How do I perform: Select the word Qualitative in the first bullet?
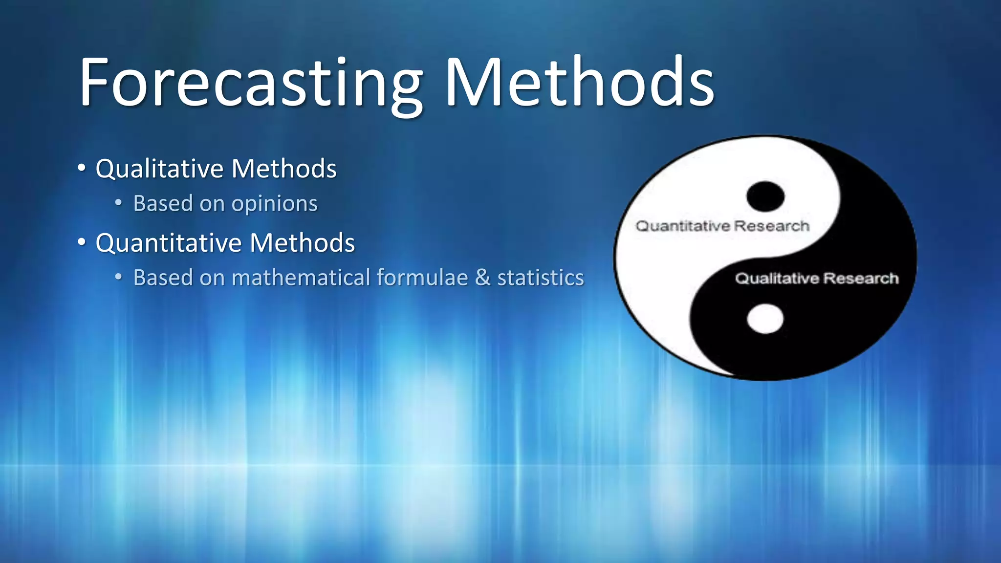point(159,169)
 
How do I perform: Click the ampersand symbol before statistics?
point(482,278)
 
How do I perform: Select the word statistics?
point(541,278)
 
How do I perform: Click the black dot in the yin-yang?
point(765,196)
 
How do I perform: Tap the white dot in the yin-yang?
point(765,319)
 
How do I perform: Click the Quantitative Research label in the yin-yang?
point(722,226)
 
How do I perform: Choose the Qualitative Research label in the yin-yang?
point(817,279)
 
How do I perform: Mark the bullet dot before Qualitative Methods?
point(82,169)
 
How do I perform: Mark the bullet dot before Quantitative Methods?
point(82,242)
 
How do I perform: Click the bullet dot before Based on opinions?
point(118,202)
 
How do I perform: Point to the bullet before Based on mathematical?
point(118,277)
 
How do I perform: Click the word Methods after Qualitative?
point(284,169)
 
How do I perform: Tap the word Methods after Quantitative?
point(302,243)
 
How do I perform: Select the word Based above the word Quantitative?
point(163,203)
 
